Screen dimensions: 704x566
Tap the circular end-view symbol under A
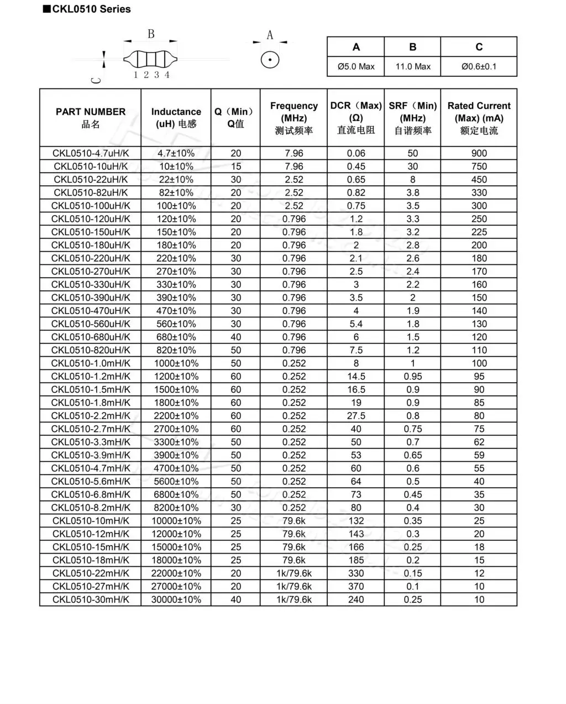coord(270,60)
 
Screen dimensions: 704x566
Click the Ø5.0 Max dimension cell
coord(356,66)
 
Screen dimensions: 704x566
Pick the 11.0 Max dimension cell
coord(413,66)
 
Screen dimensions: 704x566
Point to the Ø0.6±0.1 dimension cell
coord(479,66)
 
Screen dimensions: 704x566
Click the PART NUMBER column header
coord(91,117)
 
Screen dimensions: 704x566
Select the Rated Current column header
coord(479,118)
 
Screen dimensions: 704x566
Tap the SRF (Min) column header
coord(413,118)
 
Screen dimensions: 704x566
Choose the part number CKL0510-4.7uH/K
coord(91,153)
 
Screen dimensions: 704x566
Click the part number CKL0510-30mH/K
coord(91,599)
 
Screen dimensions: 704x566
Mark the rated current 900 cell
coord(479,153)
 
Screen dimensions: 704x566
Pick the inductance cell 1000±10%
coord(176,363)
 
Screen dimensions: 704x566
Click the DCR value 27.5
coord(356,416)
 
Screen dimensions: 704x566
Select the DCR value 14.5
coord(356,377)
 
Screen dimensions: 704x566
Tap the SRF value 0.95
coord(413,377)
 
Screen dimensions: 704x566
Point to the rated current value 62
coord(479,442)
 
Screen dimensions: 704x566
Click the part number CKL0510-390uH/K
coord(91,298)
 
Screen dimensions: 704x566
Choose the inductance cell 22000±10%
coord(176,573)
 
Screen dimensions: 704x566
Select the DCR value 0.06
coord(356,153)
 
